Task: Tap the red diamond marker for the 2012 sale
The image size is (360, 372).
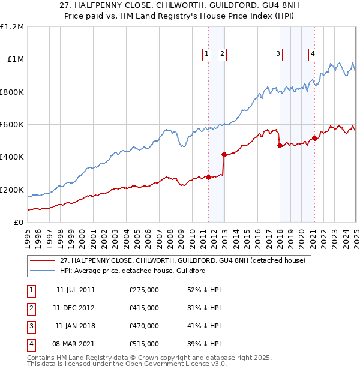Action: pyautogui.click(x=224, y=154)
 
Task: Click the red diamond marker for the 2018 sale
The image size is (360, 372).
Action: pyautogui.click(x=280, y=145)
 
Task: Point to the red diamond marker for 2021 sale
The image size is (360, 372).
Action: pyautogui.click(x=314, y=138)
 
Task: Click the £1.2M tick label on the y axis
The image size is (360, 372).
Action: pyautogui.click(x=12, y=27)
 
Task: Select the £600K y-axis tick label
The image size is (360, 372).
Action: pyautogui.click(x=11, y=125)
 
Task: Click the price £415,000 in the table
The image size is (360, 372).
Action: pyautogui.click(x=144, y=308)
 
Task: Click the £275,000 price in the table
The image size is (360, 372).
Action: pyautogui.click(x=144, y=290)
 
